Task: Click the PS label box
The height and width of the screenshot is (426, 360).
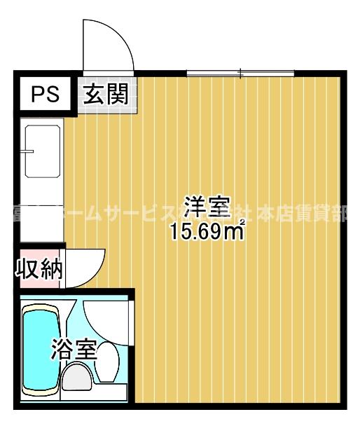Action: [x=43, y=94]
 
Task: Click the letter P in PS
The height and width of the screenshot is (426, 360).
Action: [x=36, y=94]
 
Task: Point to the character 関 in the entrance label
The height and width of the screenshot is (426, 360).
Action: [x=118, y=94]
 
